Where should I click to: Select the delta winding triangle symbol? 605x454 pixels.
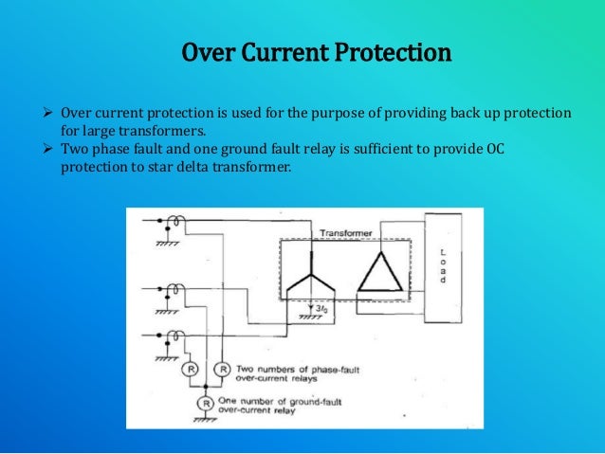[x=380, y=273]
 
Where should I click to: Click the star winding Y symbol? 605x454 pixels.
[x=309, y=274]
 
